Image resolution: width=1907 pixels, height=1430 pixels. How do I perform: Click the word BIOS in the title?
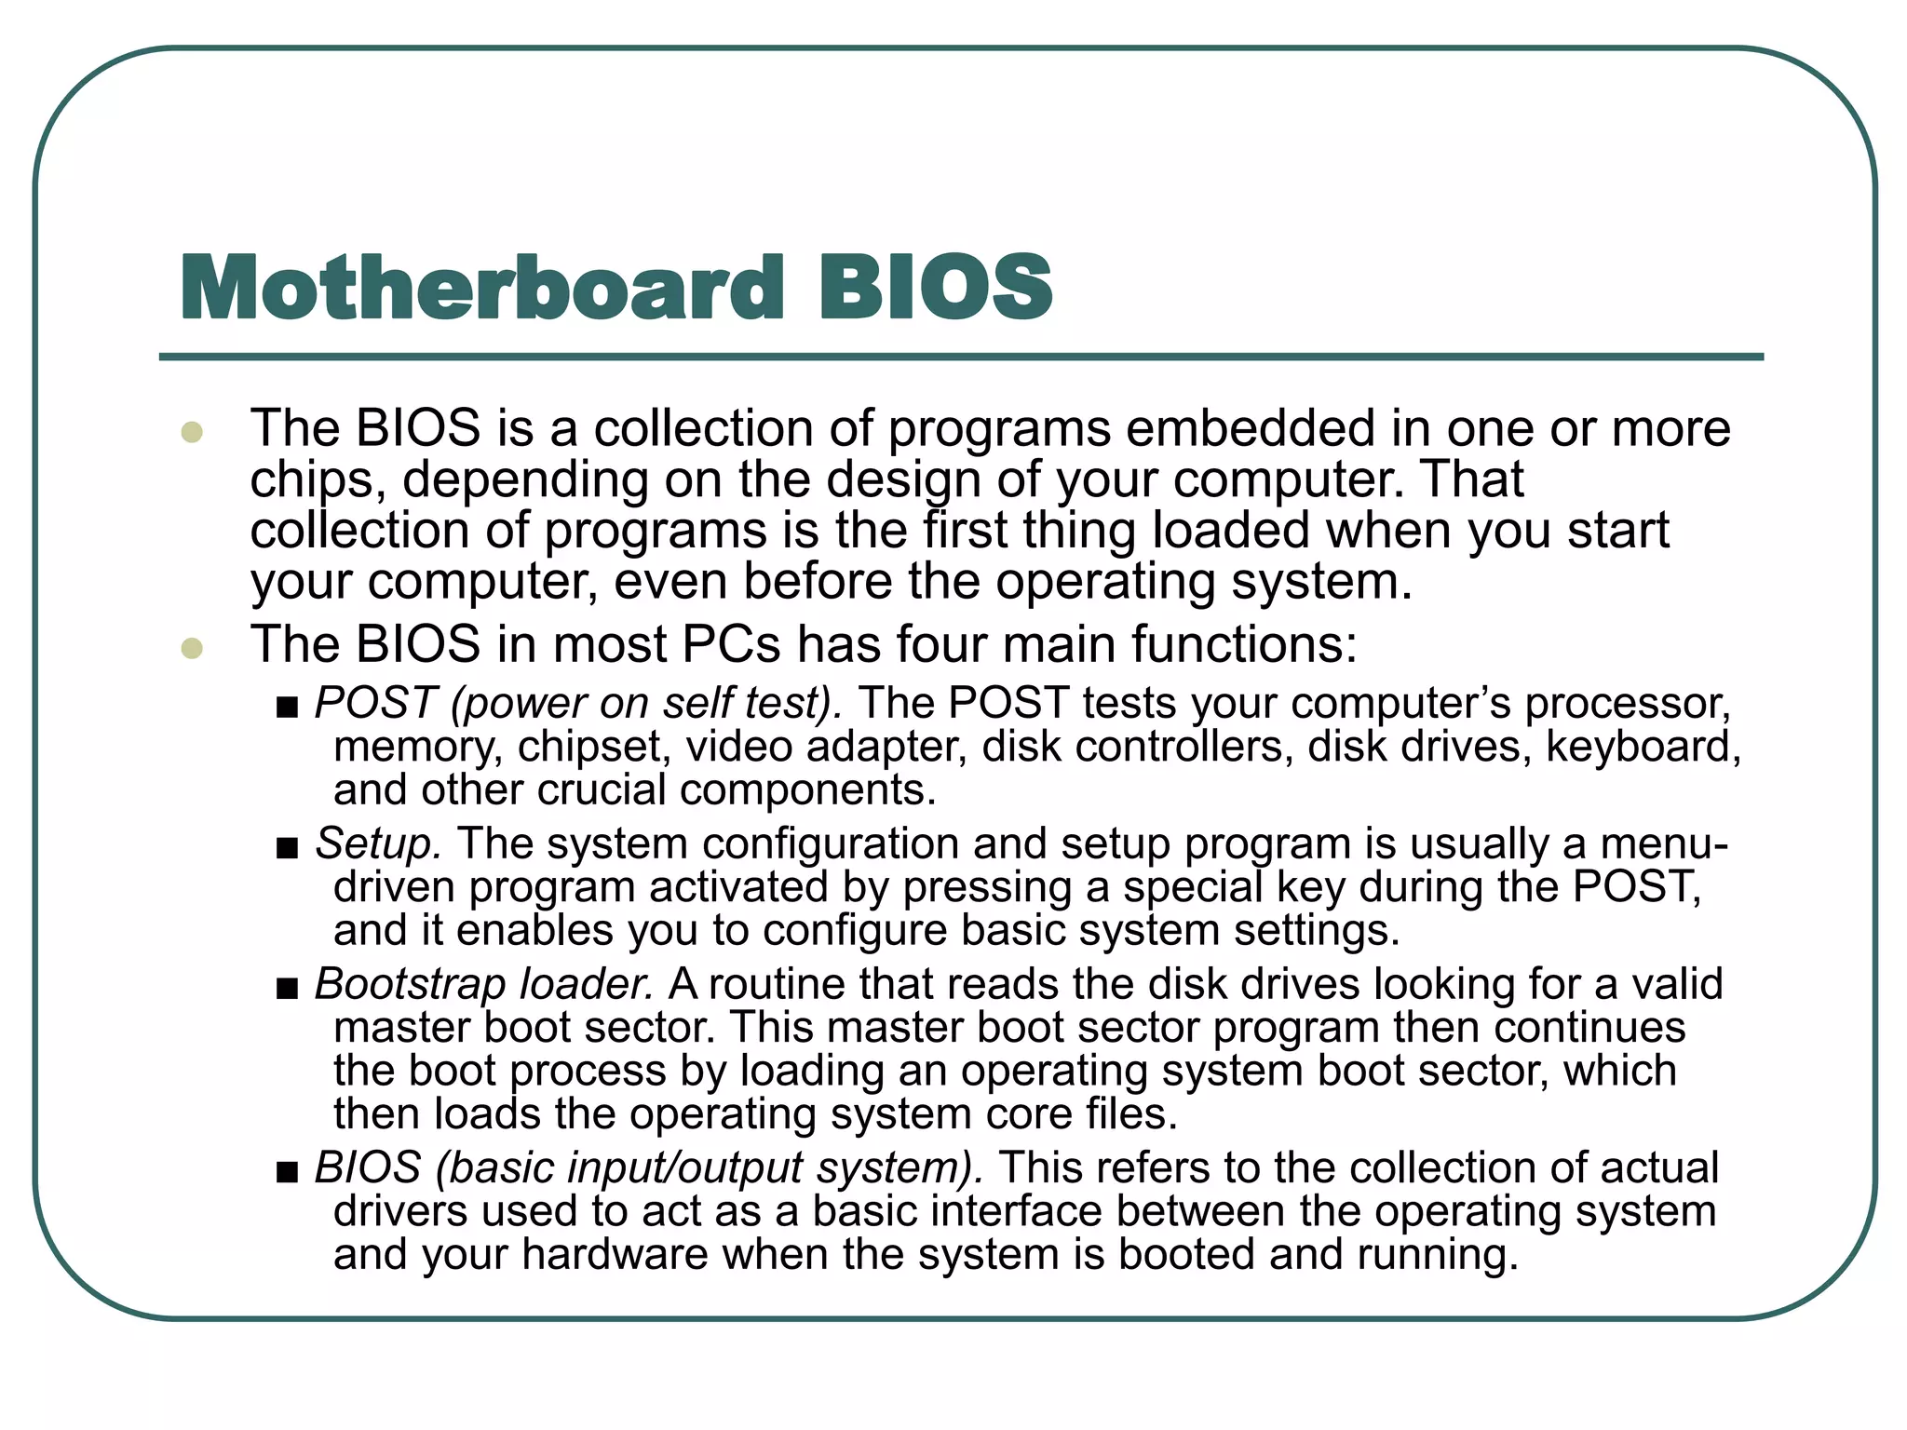[935, 288]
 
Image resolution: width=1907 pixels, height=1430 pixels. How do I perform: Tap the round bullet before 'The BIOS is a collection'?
[192, 432]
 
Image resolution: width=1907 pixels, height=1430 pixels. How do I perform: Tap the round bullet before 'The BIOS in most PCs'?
[192, 647]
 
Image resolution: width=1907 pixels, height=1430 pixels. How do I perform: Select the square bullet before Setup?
[287, 848]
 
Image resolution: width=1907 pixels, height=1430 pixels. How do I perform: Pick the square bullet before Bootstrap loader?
[287, 989]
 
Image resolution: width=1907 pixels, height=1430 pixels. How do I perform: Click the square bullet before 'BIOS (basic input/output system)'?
[287, 1172]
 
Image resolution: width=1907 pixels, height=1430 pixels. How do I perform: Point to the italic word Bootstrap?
[410, 985]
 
